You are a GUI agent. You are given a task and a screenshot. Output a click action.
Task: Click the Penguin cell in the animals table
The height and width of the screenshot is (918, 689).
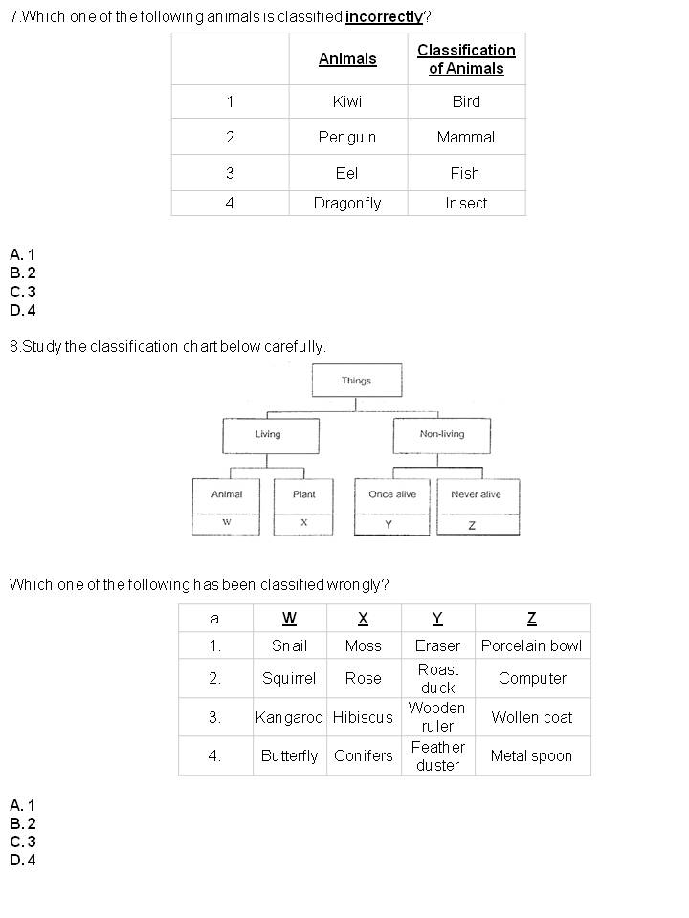347,137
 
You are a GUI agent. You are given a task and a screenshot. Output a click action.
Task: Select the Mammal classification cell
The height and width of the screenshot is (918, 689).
466,137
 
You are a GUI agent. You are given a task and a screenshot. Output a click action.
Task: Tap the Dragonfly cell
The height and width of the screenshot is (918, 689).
347,203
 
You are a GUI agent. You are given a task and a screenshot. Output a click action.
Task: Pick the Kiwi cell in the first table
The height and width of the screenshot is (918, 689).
347,101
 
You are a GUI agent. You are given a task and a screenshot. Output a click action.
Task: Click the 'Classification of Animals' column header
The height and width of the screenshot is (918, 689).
466,59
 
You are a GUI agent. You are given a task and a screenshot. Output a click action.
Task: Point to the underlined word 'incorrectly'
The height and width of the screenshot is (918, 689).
384,17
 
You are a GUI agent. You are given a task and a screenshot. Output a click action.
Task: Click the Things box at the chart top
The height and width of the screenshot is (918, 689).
356,381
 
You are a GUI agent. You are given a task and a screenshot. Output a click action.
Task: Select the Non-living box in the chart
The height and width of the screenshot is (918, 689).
441,434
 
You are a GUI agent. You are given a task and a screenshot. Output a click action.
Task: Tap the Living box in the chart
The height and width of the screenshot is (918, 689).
268,434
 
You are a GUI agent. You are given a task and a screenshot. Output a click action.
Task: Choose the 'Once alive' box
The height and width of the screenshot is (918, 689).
392,494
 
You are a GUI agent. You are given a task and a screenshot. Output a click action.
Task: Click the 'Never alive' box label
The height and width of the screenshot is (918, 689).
476,494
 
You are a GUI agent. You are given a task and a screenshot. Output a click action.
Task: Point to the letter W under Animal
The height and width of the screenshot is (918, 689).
226,523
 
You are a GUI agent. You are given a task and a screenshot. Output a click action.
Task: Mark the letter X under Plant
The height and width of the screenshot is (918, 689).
303,523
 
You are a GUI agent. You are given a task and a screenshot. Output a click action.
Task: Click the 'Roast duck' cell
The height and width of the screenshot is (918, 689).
437,678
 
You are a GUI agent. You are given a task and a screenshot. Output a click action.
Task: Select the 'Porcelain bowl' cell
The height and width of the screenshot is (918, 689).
531,645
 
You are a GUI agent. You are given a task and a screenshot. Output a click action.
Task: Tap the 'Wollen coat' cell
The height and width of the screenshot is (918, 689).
531,717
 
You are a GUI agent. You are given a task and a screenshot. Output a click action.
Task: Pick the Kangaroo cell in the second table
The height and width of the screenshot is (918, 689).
289,717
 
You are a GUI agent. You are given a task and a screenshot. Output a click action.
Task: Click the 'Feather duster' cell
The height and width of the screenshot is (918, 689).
437,755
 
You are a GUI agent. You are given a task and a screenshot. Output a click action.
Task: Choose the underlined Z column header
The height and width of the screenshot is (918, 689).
531,618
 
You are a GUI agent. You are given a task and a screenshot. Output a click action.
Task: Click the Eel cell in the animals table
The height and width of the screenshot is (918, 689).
347,173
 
